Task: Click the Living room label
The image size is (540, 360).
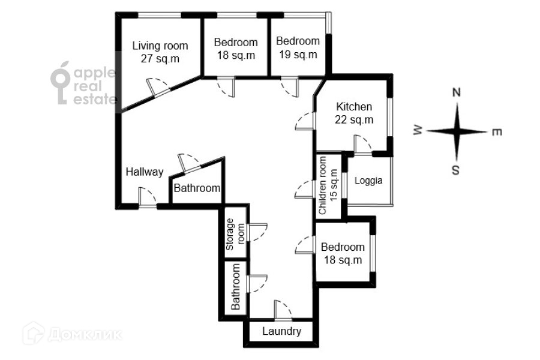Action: [160, 52]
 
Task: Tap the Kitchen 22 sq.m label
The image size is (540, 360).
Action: [354, 113]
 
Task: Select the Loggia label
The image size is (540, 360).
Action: [368, 181]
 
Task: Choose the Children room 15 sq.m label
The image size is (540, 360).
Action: [328, 185]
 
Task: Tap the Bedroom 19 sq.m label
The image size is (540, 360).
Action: [297, 48]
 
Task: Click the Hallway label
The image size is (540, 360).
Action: [144, 172]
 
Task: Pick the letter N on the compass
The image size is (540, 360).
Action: [456, 93]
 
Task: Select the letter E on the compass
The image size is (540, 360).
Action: [497, 133]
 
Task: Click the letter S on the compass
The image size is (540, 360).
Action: [456, 170]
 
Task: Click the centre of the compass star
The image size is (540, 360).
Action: [457, 131]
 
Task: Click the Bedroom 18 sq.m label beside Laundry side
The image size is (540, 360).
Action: [343, 254]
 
